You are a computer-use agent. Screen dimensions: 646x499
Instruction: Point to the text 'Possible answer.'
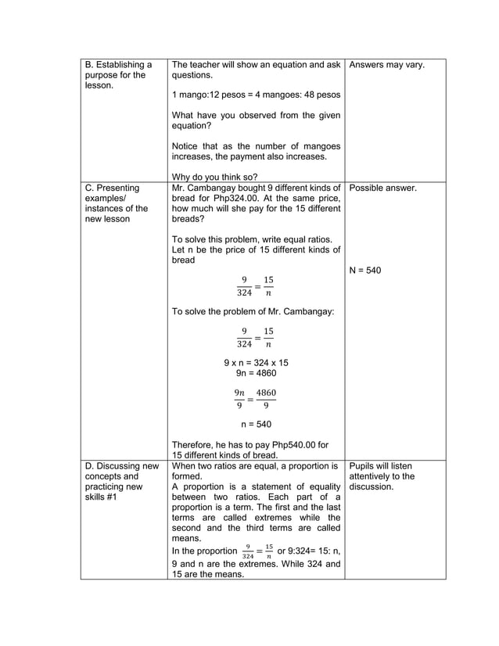(x=383, y=188)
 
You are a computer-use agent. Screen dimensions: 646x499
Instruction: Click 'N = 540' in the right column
(x=365, y=271)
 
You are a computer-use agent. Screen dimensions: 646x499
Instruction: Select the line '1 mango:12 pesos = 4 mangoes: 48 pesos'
(x=256, y=95)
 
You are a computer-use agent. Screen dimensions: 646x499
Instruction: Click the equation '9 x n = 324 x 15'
(x=256, y=363)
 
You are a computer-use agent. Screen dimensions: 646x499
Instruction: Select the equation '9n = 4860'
(x=256, y=373)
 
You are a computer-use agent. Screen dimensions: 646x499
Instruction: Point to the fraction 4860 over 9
(x=266, y=398)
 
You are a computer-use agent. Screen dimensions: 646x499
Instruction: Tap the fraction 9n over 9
(x=239, y=398)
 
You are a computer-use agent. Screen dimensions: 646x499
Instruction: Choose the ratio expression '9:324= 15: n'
(x=302, y=551)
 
